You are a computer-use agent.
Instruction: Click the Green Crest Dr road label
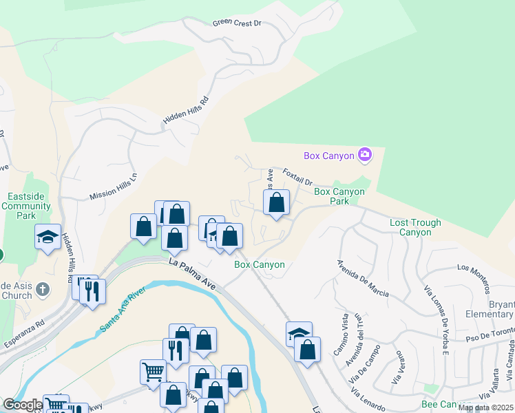(x=237, y=23)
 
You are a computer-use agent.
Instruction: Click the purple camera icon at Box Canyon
(x=365, y=155)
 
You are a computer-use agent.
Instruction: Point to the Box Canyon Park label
(x=339, y=196)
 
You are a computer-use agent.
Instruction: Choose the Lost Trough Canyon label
(x=410, y=227)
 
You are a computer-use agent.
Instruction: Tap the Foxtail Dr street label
(x=297, y=178)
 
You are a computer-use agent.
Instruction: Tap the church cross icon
(x=43, y=289)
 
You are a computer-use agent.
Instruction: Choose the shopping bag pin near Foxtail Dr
(x=276, y=202)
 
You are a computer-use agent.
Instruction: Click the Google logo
(x=22, y=405)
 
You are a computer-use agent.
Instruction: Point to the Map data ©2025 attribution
(x=485, y=407)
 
